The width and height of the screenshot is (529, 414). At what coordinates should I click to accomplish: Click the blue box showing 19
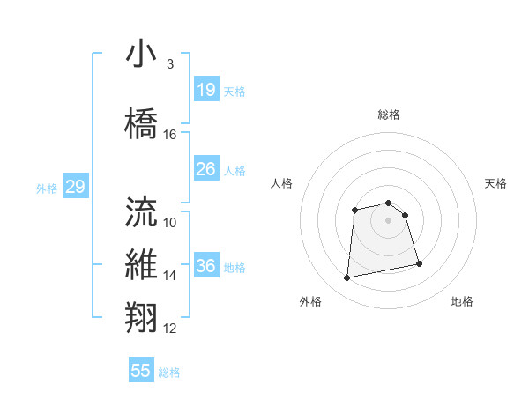pyautogui.click(x=206, y=90)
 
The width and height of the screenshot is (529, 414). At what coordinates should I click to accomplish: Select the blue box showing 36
pyautogui.click(x=206, y=266)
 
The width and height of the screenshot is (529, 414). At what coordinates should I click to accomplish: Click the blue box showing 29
pyautogui.click(x=75, y=187)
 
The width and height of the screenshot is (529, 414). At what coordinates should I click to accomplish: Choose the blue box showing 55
pyautogui.click(x=141, y=371)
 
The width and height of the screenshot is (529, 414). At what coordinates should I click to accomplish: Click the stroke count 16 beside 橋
pyautogui.click(x=170, y=135)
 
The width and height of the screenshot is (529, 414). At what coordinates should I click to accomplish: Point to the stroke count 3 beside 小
pyautogui.click(x=169, y=64)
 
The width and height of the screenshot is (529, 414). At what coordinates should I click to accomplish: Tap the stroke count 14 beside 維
pyautogui.click(x=170, y=276)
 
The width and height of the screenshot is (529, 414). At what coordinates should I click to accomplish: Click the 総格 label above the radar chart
pyautogui.click(x=389, y=115)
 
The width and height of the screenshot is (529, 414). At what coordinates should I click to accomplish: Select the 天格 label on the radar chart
pyautogui.click(x=496, y=183)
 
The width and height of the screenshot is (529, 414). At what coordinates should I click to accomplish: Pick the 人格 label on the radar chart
pyautogui.click(x=281, y=183)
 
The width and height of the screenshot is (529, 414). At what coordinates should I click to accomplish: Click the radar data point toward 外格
pyautogui.click(x=347, y=278)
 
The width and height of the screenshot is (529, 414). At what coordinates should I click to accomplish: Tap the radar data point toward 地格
pyautogui.click(x=419, y=263)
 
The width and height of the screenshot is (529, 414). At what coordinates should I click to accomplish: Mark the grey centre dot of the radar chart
pyautogui.click(x=389, y=219)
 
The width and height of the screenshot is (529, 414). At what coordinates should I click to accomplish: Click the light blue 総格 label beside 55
pyautogui.click(x=170, y=373)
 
